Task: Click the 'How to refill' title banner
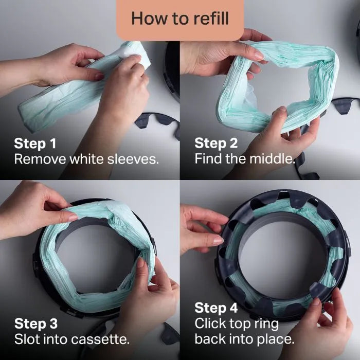[179, 19]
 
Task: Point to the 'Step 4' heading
[217, 308]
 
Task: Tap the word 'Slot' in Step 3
[25, 339]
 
